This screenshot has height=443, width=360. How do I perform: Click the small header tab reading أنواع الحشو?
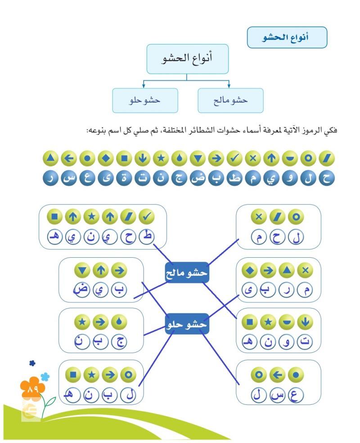coord(287,37)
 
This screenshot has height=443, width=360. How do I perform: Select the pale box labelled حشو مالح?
coord(230,100)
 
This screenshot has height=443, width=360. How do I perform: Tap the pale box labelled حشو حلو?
coord(145,100)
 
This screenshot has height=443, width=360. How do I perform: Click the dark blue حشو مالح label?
coord(186,272)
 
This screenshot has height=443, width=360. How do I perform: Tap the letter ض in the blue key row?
coord(197,178)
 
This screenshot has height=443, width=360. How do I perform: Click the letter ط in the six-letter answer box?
coord(146,237)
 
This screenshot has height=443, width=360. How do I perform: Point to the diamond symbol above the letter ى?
coord(249,270)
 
